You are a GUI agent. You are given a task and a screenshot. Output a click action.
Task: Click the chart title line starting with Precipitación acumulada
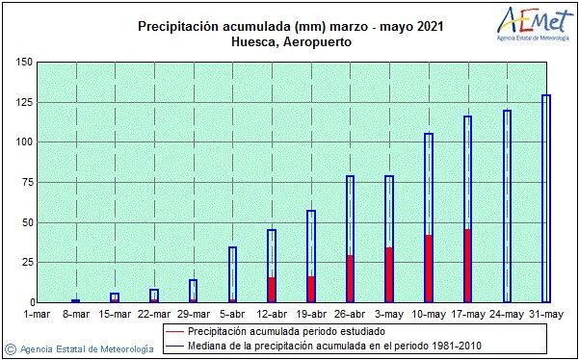click(x=289, y=26)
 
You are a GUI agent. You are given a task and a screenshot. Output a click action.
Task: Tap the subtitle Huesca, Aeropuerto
click(x=290, y=42)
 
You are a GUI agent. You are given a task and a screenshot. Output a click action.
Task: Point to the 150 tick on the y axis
click(x=24, y=63)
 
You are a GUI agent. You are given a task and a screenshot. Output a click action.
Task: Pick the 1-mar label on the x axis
click(x=36, y=313)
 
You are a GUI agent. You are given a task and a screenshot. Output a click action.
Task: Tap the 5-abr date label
click(x=232, y=313)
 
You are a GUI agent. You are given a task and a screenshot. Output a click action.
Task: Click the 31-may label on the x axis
click(x=546, y=313)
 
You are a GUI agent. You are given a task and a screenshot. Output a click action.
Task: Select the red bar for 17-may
click(x=467, y=266)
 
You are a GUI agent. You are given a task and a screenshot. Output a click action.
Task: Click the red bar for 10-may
click(x=429, y=269)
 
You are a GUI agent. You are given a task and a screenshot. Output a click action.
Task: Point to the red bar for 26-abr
click(x=350, y=279)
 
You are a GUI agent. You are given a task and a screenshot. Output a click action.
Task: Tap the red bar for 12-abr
click(x=272, y=290)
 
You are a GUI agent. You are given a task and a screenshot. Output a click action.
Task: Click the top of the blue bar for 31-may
click(x=546, y=96)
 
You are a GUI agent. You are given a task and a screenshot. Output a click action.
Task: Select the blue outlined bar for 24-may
click(x=507, y=206)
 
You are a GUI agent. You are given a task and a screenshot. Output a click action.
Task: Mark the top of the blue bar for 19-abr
click(x=311, y=211)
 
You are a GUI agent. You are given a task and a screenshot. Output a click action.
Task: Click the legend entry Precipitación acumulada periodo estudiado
click(x=290, y=330)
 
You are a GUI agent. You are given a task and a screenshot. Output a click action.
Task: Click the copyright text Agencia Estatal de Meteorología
click(x=85, y=348)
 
